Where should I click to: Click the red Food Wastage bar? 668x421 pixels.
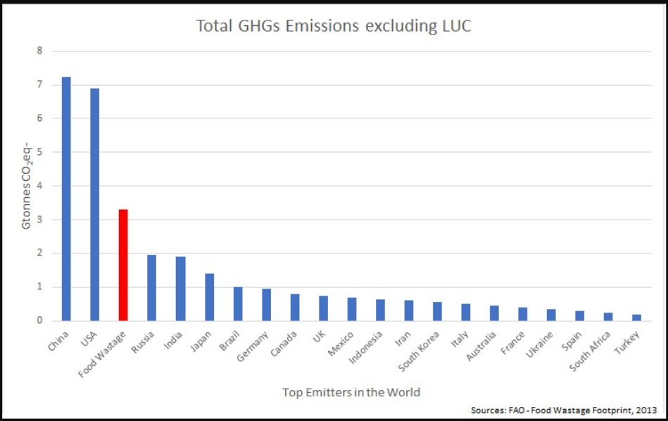pos(123,265)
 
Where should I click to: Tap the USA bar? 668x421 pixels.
pos(94,204)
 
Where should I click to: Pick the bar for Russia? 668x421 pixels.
pos(151,287)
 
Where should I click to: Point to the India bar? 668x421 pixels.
pos(180,289)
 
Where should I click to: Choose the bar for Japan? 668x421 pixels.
pos(209,297)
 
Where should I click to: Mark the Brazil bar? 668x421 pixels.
pos(238,303)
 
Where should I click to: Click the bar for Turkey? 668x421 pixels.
pos(636,318)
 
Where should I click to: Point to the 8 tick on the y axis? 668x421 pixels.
pos(40,51)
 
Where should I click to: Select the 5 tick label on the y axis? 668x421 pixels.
pos(40,152)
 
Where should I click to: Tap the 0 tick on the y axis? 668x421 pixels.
pos(40,321)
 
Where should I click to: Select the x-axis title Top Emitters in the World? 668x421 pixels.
pos(351,391)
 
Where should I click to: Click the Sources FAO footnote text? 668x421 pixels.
pos(564,410)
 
